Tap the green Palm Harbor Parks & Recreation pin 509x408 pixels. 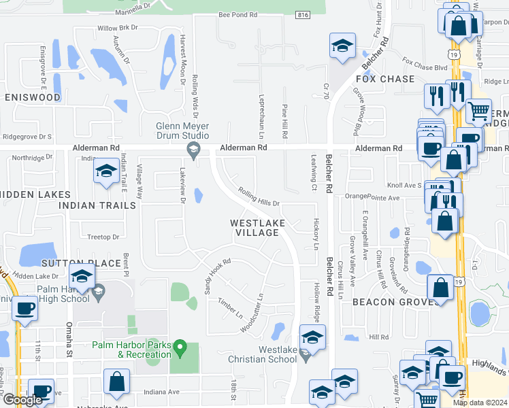point(180,348)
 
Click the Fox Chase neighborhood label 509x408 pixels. point(388,79)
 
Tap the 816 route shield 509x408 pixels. point(303,14)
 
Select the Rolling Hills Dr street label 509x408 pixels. point(259,198)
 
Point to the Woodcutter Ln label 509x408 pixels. point(251,313)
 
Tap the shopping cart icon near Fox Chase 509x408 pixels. point(479,112)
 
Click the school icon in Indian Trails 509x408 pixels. point(105,173)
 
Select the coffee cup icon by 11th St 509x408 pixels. point(25,309)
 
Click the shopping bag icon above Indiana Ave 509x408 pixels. point(116,382)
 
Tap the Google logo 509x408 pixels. point(22,400)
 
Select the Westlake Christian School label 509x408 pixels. point(268,354)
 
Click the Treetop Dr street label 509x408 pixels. point(104,237)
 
